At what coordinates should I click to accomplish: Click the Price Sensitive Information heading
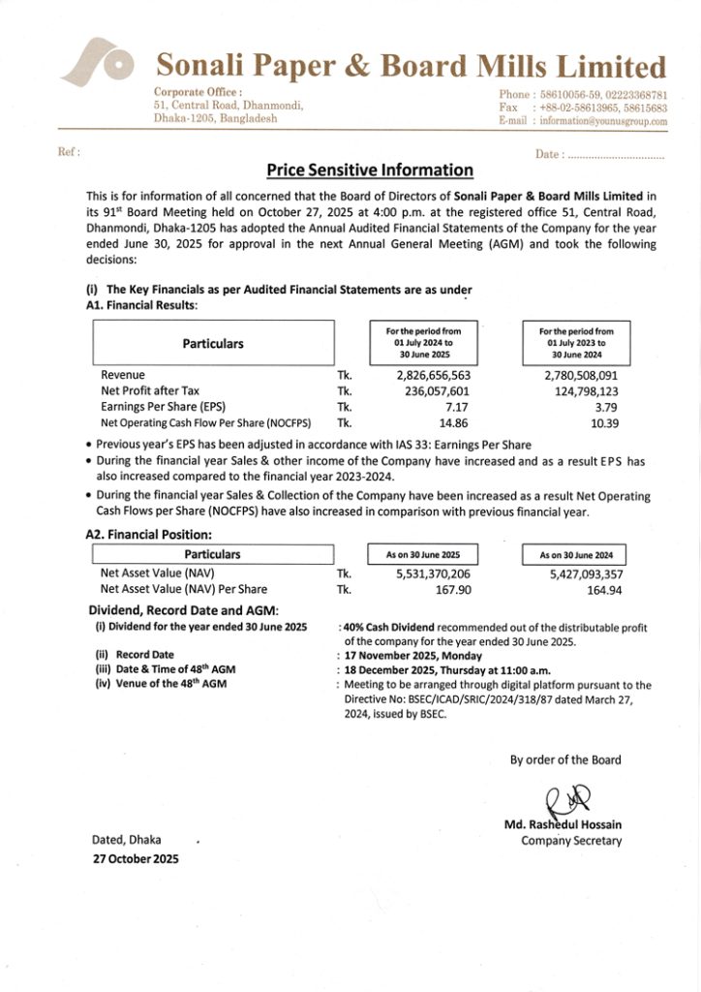coord(370,170)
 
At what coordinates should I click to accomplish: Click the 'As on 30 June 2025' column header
coord(422,555)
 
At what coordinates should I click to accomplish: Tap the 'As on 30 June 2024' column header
coord(576,555)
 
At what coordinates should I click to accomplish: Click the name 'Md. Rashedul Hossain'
coord(563,825)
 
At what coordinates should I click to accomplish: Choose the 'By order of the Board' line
coord(565,759)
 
